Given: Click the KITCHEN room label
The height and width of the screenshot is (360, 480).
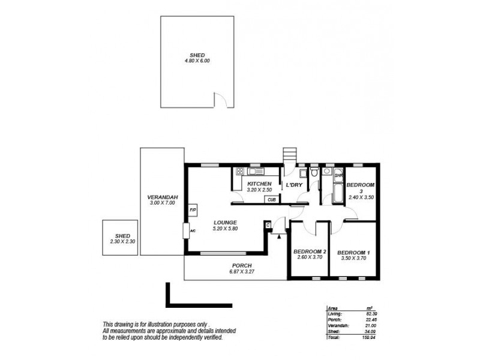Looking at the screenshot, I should click(259, 184).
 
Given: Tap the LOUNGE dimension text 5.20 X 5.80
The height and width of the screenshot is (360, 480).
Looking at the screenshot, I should click(226, 229).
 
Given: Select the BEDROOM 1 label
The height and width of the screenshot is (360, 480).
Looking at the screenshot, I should click(353, 253).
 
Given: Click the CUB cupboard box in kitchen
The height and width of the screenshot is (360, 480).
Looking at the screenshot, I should click(271, 200).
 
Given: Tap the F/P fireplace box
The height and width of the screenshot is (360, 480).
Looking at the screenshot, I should click(193, 210).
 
